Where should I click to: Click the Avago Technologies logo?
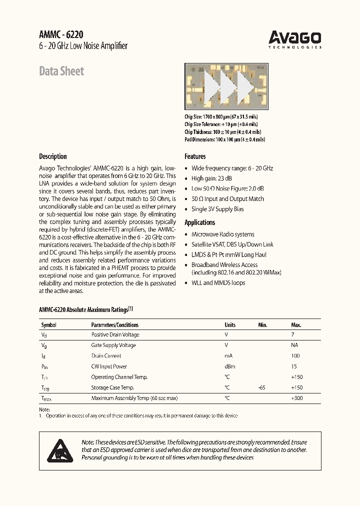(x=294, y=39)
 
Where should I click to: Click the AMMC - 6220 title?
(x=61, y=34)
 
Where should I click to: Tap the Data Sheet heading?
(x=61, y=71)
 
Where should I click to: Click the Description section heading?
(x=53, y=156)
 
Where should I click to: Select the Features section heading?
(x=195, y=156)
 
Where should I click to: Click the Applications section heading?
(x=199, y=222)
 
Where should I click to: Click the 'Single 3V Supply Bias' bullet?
(x=217, y=209)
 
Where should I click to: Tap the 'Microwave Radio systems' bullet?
(x=222, y=234)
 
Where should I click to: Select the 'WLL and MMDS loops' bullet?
(x=218, y=283)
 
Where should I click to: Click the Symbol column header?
(x=48, y=325)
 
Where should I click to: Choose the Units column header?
(x=230, y=325)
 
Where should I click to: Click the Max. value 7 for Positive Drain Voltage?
(x=292, y=335)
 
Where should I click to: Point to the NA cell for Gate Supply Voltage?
(x=294, y=345)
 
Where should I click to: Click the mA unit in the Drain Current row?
(x=228, y=356)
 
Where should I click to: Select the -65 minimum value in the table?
(x=261, y=387)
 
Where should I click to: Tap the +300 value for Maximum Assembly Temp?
(x=296, y=398)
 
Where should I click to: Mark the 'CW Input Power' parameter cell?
(x=109, y=366)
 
